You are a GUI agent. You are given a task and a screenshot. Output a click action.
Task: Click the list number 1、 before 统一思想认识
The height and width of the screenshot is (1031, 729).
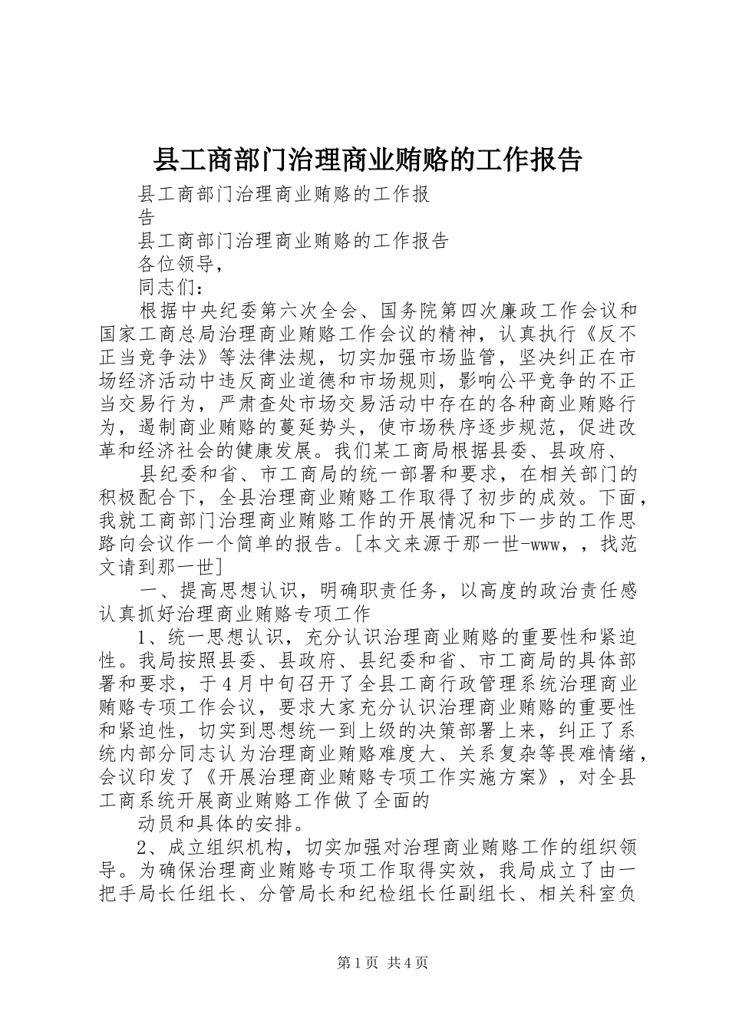click(148, 637)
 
